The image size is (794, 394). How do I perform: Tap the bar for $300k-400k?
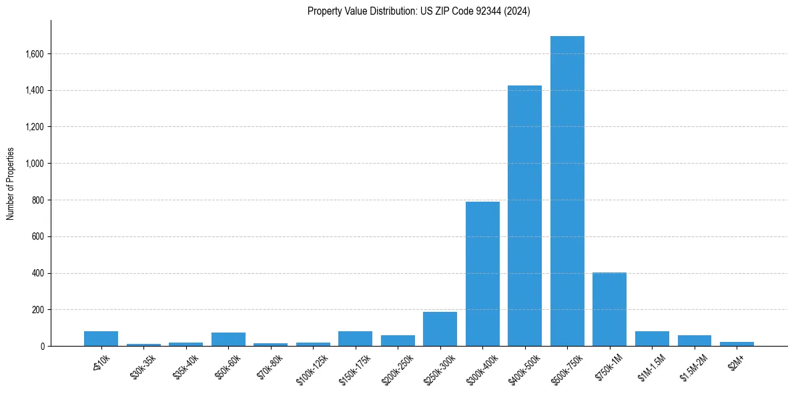pyautogui.click(x=482, y=274)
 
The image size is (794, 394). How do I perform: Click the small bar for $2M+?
pyautogui.click(x=737, y=344)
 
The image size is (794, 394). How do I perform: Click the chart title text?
pyautogui.click(x=419, y=11)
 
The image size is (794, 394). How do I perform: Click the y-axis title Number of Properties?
pyautogui.click(x=11, y=184)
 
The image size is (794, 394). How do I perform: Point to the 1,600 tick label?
pyautogui.click(x=34, y=54)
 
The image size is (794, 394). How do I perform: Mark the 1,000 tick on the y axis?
pyautogui.click(x=34, y=164)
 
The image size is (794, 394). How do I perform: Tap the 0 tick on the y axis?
pyautogui.click(x=42, y=347)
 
